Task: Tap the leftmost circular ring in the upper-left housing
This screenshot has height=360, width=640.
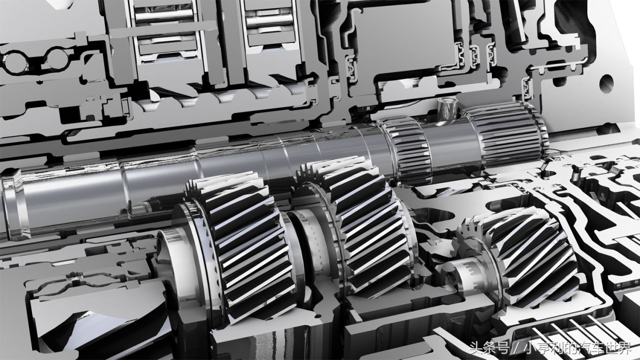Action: pos(15,61)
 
